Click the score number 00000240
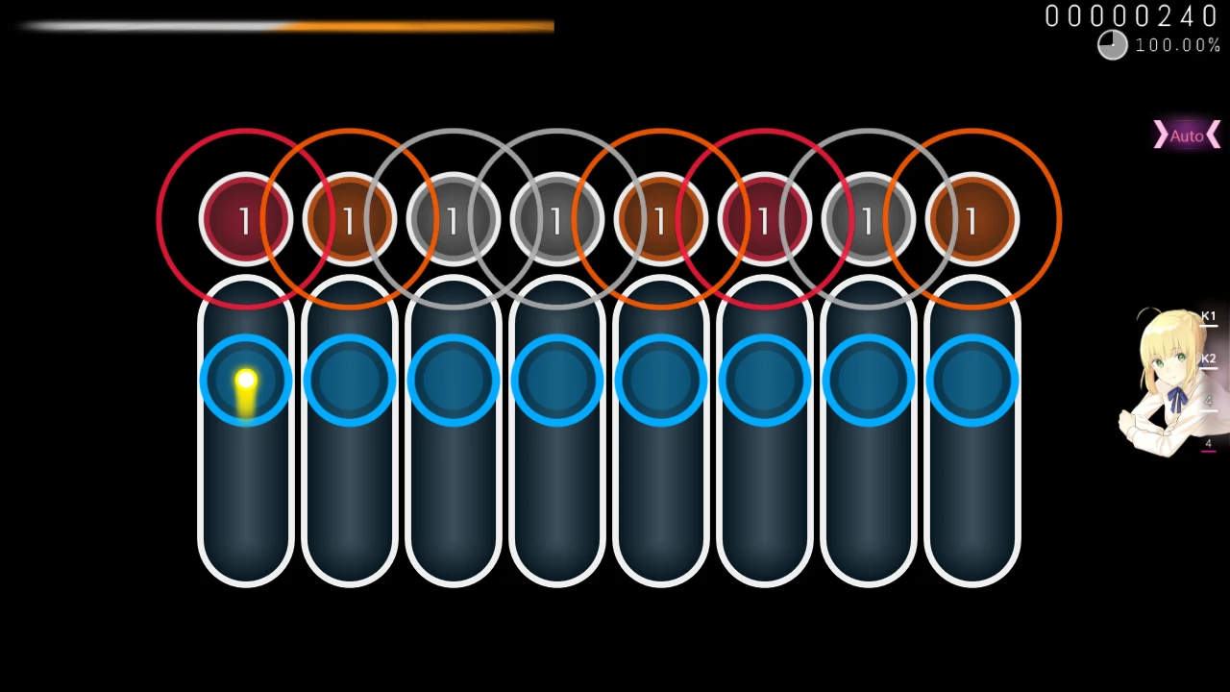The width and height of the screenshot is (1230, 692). click(x=1131, y=16)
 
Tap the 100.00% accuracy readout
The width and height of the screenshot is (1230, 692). click(x=1177, y=45)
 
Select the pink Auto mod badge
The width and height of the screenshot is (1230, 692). click(x=1187, y=136)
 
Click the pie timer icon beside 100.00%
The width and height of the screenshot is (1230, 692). click(x=1112, y=45)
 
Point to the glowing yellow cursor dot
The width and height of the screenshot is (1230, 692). click(x=245, y=382)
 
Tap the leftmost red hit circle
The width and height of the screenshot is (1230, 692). click(x=245, y=220)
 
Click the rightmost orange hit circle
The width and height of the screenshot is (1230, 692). click(x=972, y=220)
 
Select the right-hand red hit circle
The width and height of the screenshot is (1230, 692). click(x=764, y=220)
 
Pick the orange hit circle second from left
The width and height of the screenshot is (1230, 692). click(x=349, y=220)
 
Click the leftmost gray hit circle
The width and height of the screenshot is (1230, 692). click(x=453, y=220)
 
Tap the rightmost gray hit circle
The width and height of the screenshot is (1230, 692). click(x=868, y=220)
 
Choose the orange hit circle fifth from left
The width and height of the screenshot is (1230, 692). click(x=660, y=220)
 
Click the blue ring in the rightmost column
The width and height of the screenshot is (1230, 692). click(x=972, y=381)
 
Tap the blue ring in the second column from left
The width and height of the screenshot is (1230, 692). click(x=349, y=381)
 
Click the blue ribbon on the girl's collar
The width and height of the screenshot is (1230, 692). click(x=1178, y=397)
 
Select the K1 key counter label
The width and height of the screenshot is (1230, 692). click(x=1208, y=316)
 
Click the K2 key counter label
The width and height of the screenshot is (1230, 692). click(x=1208, y=358)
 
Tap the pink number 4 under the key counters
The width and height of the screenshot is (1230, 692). click(x=1208, y=443)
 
